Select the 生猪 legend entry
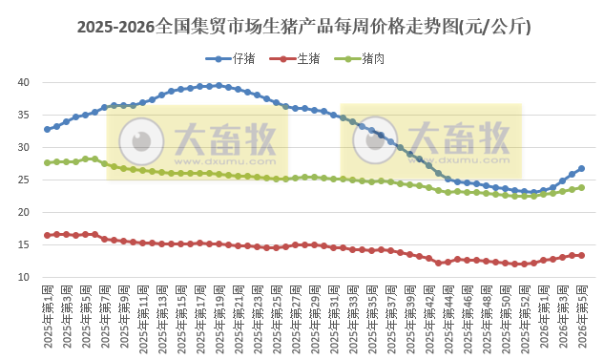click(x=305, y=59)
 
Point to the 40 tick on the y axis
click(x=25, y=82)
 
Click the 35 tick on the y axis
click(x=25, y=115)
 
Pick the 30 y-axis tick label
click(x=25, y=147)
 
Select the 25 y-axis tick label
click(x=25, y=180)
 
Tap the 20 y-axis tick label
click(x=25, y=212)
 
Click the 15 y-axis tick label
click(x=25, y=244)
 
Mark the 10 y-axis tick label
click(x=25, y=277)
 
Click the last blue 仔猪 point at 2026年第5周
click(x=581, y=168)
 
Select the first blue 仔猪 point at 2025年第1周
click(x=47, y=129)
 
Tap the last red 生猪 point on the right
click(x=581, y=255)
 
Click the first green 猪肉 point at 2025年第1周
click(x=47, y=162)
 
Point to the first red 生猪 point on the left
click(x=47, y=235)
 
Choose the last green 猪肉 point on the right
click(x=581, y=187)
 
